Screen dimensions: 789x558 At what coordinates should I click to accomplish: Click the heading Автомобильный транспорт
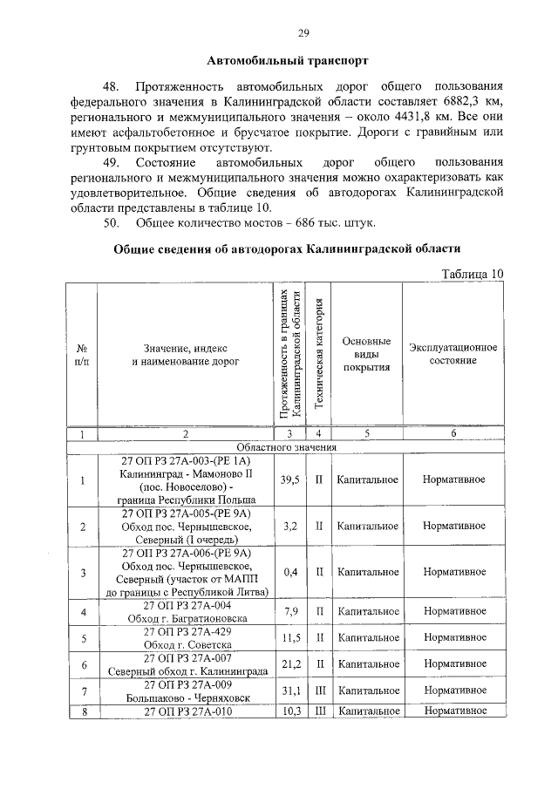[x=288, y=61]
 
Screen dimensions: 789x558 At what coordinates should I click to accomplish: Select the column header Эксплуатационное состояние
[x=453, y=354]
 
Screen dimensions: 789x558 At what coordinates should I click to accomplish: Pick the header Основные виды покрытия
[x=366, y=354]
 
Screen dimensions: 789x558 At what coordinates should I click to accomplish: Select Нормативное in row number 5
[x=453, y=638]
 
